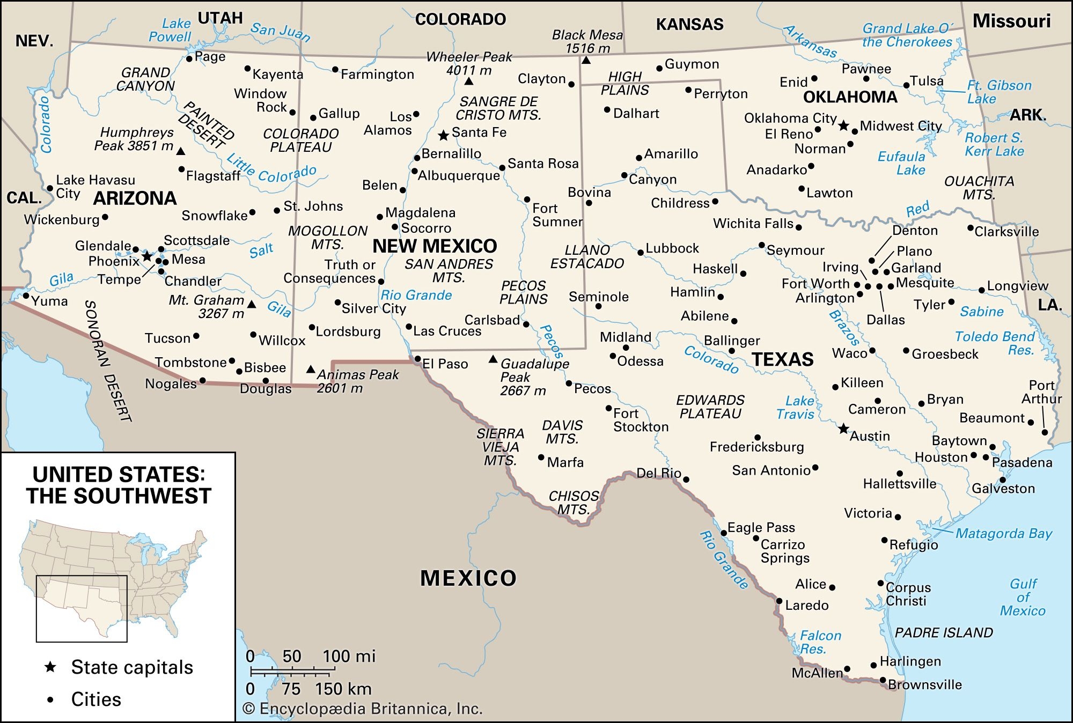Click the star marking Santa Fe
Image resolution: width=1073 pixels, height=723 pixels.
coord(443,135)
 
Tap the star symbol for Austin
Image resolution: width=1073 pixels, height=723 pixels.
coord(843,429)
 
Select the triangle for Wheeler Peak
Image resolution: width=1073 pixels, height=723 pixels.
coord(469,81)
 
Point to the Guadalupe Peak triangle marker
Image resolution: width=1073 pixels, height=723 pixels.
coord(493,359)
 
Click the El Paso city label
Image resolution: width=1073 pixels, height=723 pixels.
coord(445,364)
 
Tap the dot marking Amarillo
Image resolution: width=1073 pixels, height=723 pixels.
coord(639,158)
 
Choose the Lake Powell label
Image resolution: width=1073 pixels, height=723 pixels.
coord(170,30)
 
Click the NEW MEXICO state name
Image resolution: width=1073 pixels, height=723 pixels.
coord(435,246)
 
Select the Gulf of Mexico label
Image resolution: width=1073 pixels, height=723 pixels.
coord(1023,597)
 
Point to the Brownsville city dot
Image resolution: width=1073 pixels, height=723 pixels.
coord(883,680)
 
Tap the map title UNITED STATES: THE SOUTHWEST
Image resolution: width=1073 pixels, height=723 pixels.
coord(119,485)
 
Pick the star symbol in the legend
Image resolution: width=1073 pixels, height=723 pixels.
coord(50,667)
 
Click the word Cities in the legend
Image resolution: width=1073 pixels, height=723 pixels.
coord(96,699)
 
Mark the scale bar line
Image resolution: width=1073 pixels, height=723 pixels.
coord(292,670)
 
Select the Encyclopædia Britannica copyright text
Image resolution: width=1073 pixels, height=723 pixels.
coord(363,709)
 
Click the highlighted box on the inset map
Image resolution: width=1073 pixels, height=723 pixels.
coord(82,608)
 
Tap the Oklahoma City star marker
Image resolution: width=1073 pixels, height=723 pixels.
coord(843,126)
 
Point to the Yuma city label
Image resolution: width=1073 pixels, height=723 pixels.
coord(49,301)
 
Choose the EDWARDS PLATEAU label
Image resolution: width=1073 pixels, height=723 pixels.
coord(710,407)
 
